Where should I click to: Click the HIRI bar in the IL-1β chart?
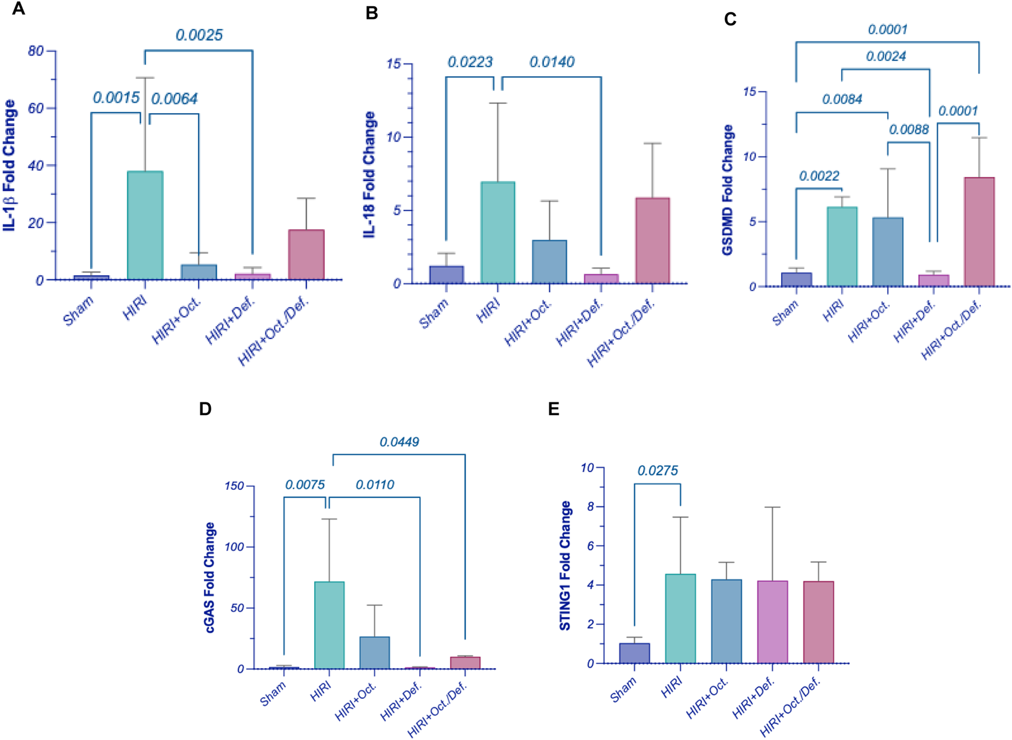[x=145, y=226]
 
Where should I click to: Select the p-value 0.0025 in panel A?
[x=199, y=35]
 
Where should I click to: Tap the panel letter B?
[x=371, y=13]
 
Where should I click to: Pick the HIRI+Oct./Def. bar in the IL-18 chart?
[x=652, y=240]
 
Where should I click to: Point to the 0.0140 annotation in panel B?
[x=551, y=62]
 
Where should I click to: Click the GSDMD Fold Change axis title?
[x=727, y=190]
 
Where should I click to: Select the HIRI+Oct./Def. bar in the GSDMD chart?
[x=979, y=231]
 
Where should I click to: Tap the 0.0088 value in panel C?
[x=908, y=130]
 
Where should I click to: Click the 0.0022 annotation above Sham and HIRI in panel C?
[x=819, y=176]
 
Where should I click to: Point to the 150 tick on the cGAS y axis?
[x=234, y=486]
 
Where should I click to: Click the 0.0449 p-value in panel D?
[x=399, y=442]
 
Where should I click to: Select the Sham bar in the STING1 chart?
[x=634, y=653]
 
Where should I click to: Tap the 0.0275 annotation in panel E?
[x=657, y=470]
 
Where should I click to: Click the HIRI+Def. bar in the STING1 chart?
[x=772, y=622]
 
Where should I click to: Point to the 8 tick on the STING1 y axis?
[x=591, y=506]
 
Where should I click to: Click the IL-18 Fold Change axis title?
[x=370, y=174]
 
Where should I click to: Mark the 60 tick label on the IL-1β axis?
[x=35, y=108]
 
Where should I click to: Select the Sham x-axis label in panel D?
[x=273, y=694]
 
